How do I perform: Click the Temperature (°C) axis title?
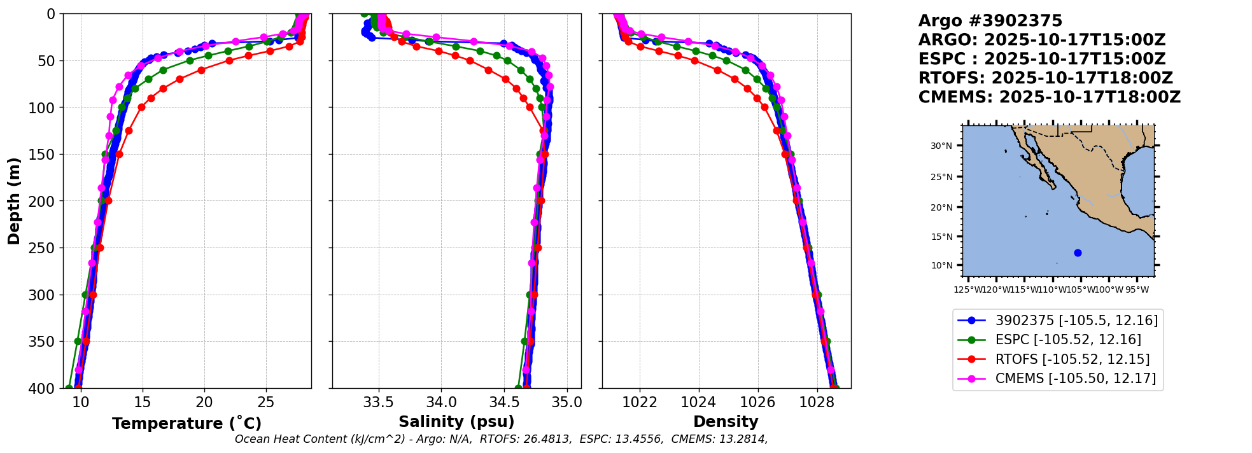[x=186, y=424]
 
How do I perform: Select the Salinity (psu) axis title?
[x=456, y=422]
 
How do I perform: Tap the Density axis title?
[x=726, y=422]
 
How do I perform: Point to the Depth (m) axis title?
[x=14, y=201]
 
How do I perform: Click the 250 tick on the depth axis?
[x=46, y=248]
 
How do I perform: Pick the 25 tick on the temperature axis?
[x=266, y=402]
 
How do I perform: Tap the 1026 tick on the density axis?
[x=758, y=402]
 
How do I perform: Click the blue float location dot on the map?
[x=1078, y=253]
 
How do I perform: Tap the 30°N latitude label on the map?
[x=941, y=146]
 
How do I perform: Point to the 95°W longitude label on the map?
[x=1137, y=290]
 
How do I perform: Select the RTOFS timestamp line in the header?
[x=1045, y=78]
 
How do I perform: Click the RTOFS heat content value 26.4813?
[x=547, y=439]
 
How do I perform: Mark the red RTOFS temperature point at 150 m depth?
[x=118, y=154]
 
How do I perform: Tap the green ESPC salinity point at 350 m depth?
[x=524, y=341]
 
